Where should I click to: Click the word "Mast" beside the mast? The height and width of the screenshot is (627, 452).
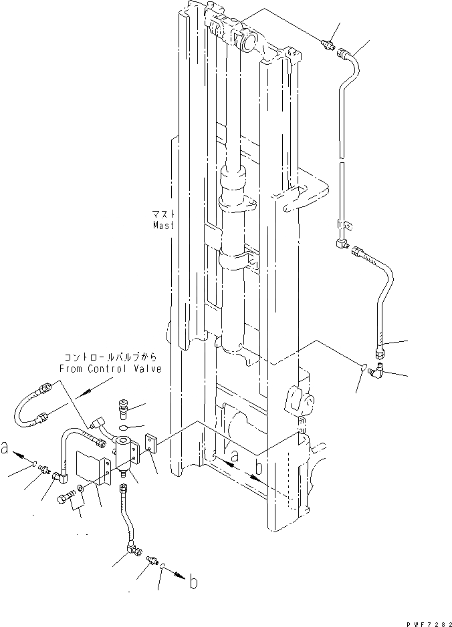[162, 226]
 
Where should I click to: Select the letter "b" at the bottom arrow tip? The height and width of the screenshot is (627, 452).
[193, 582]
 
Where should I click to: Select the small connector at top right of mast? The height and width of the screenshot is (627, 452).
[328, 45]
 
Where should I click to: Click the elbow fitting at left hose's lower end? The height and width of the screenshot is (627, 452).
[62, 476]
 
